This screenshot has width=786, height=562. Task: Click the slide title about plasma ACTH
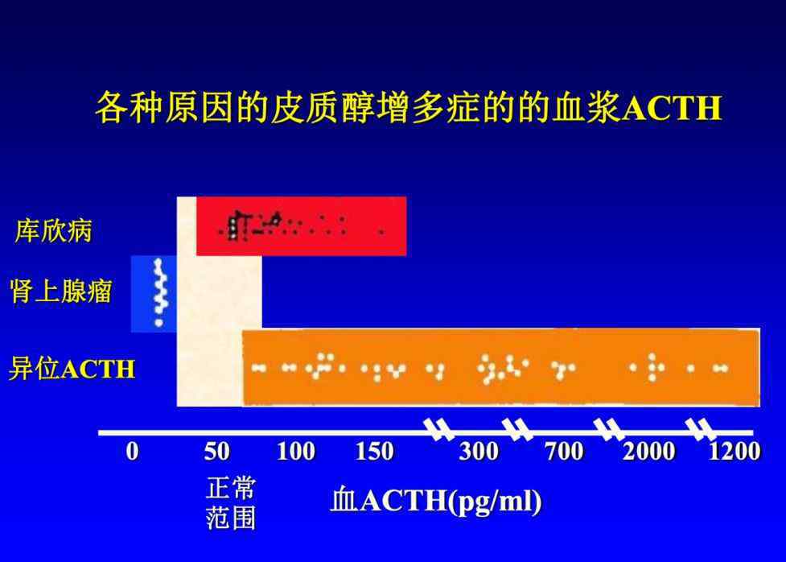coord(409,107)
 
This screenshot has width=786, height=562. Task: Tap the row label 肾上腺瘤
coord(60,291)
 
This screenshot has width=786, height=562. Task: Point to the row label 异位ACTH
coord(72,369)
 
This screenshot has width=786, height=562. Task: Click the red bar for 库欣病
coord(301,226)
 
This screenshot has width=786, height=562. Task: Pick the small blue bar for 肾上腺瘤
coord(154,294)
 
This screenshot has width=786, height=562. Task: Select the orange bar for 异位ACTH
coord(501,367)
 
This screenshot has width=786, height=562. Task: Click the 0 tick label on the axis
coord(132,451)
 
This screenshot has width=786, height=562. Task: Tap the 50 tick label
coord(217,451)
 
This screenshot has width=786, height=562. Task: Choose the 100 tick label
coord(296,451)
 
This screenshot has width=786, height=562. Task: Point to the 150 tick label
coord(374,451)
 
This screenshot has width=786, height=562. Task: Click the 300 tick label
coord(479,451)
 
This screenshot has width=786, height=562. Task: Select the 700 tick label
coord(565,451)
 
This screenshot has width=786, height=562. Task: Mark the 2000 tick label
coord(649,451)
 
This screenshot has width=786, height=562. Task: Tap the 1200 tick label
coord(735,451)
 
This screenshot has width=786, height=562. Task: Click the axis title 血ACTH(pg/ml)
coord(436,502)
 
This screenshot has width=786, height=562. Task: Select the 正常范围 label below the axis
coord(231,503)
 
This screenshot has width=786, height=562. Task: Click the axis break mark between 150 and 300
coord(439,429)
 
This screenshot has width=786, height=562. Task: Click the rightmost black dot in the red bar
coord(381,232)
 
